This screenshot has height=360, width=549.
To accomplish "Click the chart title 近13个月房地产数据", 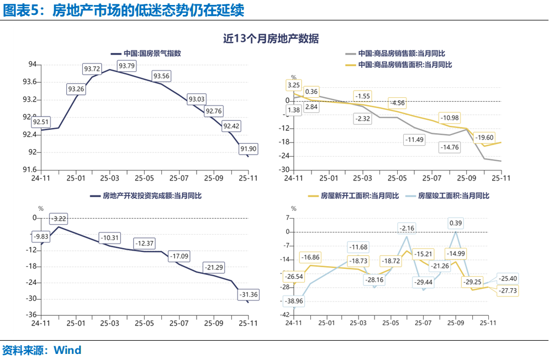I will [271, 39].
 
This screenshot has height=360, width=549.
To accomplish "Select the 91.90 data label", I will [248, 149].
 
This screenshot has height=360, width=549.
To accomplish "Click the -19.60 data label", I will [484, 137].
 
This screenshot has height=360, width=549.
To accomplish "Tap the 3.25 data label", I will [294, 85].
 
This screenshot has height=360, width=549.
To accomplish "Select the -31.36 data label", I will [248, 295].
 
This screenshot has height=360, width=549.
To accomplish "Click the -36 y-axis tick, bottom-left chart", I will [31, 315].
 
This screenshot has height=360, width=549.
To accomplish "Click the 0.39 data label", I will [456, 223].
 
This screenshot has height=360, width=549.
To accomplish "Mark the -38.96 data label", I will [297, 301].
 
